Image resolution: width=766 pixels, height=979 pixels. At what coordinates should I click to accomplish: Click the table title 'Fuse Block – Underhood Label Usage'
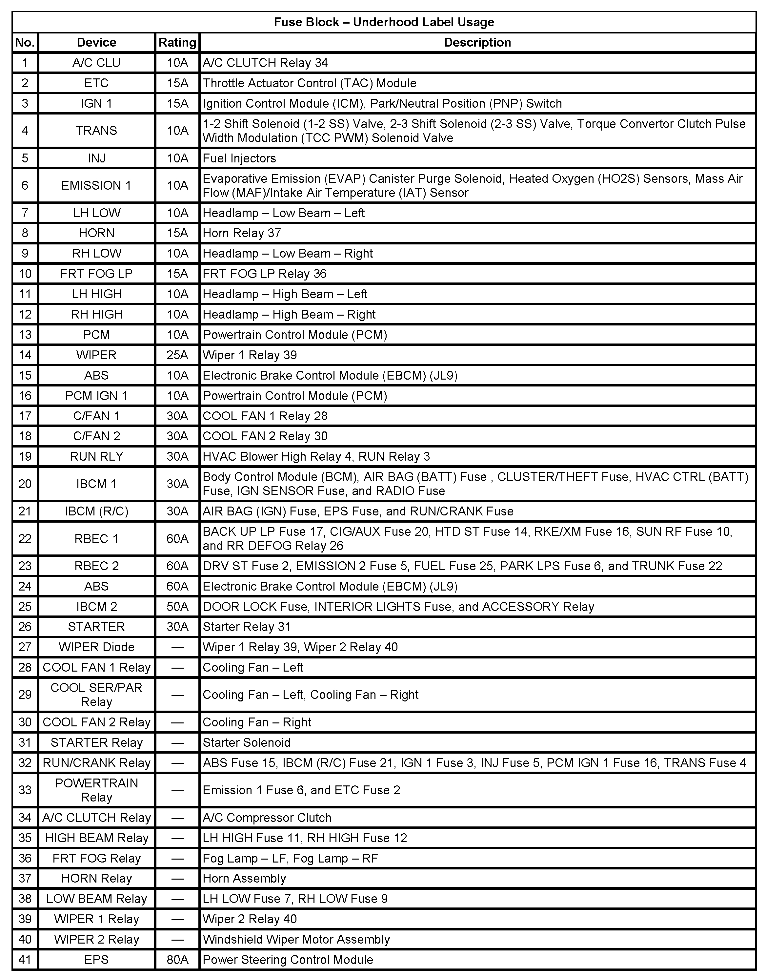click(x=384, y=22)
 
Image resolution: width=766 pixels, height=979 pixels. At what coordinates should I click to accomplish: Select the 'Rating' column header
click(x=177, y=43)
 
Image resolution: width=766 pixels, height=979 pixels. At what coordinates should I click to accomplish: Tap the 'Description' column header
click(x=477, y=43)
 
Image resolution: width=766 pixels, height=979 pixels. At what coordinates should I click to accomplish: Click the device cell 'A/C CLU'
click(x=96, y=63)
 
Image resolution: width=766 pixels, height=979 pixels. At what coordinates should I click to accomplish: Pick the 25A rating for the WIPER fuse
click(x=177, y=355)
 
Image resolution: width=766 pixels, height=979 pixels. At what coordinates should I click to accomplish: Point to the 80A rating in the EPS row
click(x=177, y=960)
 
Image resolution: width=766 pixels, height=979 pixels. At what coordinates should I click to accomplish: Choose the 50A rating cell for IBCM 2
click(x=177, y=607)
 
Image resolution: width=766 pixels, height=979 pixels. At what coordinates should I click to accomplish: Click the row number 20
click(x=25, y=484)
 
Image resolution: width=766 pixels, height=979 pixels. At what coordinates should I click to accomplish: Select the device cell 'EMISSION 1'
click(x=96, y=185)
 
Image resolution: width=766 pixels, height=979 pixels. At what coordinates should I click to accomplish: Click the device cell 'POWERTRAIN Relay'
click(x=96, y=790)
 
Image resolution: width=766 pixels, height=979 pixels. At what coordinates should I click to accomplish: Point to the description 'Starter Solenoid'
click(x=246, y=742)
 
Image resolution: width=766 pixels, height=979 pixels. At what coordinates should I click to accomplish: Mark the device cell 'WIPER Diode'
click(x=96, y=647)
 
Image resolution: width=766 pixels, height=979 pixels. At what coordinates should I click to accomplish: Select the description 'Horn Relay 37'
click(x=242, y=233)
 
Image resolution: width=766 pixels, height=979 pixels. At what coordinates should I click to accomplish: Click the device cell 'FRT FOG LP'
click(x=96, y=274)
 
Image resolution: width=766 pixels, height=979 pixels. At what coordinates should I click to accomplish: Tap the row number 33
click(x=25, y=790)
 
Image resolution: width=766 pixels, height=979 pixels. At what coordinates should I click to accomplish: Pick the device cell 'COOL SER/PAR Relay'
click(x=96, y=695)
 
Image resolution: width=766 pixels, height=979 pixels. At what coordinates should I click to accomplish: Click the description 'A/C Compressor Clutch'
click(x=267, y=818)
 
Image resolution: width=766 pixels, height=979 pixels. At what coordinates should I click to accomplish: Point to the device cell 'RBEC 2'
click(x=96, y=566)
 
